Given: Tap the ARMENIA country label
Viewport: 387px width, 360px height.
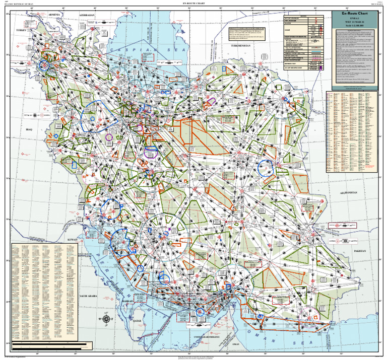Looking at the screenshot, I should (x=55, y=15).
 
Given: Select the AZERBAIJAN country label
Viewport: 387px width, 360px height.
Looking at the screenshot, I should (x=87, y=16).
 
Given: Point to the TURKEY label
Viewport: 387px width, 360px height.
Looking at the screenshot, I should (x=21, y=31).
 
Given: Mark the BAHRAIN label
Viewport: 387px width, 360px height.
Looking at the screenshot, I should (x=127, y=301).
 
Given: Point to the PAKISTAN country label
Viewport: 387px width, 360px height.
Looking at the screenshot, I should (x=359, y=250).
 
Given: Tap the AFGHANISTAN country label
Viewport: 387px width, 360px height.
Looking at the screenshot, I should (x=348, y=193).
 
